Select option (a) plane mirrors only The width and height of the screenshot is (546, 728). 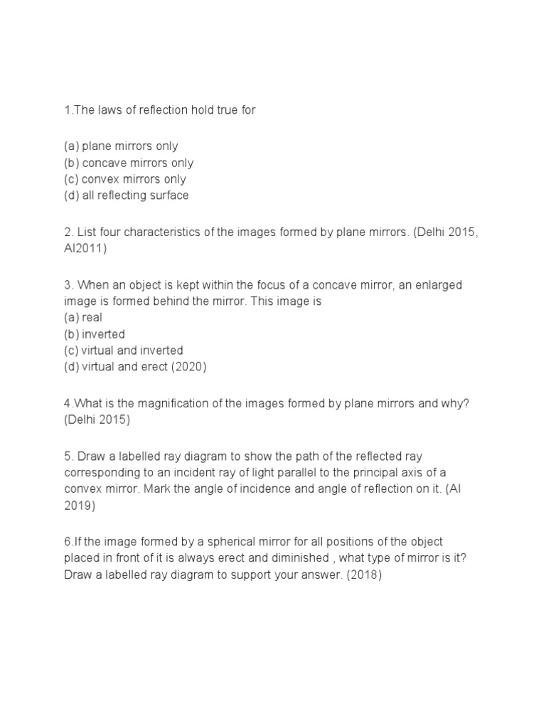121,146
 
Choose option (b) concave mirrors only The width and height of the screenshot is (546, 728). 128,163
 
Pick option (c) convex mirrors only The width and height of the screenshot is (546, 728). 124,179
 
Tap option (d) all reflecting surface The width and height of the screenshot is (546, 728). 126,196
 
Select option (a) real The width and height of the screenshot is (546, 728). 82,318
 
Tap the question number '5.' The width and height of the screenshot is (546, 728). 68,456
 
